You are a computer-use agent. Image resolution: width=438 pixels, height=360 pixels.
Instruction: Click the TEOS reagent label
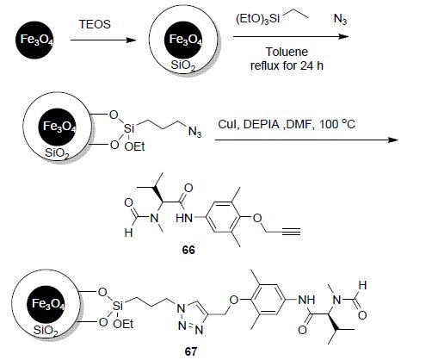coord(95,24)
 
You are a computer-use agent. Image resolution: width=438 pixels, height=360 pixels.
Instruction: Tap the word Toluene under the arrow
coord(287,52)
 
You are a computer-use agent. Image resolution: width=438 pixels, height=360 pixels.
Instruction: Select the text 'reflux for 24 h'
coord(287,65)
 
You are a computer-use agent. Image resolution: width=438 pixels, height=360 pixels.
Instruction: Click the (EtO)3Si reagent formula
coord(257,19)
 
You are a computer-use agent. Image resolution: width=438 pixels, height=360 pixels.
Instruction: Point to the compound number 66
coord(188,250)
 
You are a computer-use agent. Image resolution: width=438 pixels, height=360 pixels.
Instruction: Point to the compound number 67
coord(191,351)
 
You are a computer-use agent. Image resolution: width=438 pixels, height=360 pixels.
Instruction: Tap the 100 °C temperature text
coord(337,124)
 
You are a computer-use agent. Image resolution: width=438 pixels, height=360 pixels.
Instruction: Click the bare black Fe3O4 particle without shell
coord(34,40)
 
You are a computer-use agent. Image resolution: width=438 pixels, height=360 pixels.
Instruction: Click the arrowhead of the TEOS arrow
coord(132,40)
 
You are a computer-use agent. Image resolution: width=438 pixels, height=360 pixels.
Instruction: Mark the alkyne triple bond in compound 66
coord(291,232)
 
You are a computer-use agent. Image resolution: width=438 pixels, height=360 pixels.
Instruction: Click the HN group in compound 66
coord(184,218)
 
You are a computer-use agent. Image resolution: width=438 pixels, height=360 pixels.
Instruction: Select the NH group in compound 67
coord(306,300)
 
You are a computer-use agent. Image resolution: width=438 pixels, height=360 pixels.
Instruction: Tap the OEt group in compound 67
coord(123,324)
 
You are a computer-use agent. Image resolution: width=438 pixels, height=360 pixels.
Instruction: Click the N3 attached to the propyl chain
coord(194,132)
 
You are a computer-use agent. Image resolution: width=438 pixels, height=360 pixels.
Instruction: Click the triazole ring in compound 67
coord(192,317)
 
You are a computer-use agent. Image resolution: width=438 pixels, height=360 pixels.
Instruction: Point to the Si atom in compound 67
coord(118,306)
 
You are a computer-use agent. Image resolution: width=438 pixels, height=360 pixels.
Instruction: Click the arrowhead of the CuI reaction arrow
coord(393,140)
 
